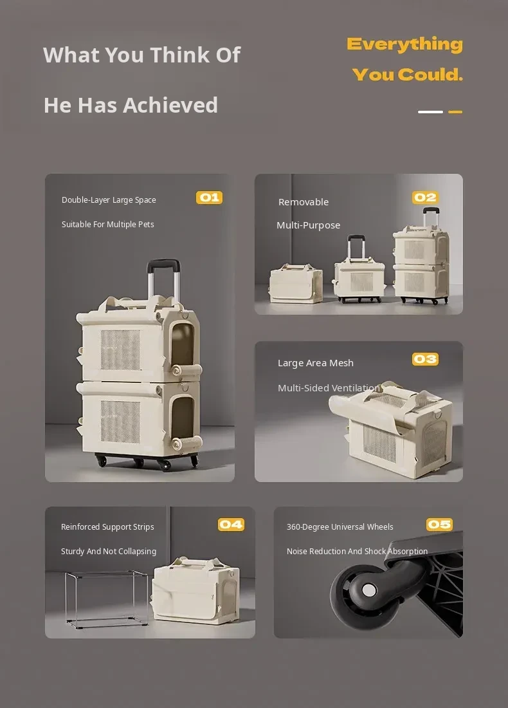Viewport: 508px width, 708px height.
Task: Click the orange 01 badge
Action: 210,198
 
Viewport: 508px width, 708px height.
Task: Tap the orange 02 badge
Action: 426,198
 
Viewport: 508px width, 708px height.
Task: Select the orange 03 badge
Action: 426,359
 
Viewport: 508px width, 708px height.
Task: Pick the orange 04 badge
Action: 231,524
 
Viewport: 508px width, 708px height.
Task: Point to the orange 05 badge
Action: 439,524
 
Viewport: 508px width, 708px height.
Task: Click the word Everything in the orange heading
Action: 404,44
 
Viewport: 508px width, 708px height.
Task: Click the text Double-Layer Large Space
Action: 109,200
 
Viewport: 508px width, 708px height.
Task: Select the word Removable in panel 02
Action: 304,202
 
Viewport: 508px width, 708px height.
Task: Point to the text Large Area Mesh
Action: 316,363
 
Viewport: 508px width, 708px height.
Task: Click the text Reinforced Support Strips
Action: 107,527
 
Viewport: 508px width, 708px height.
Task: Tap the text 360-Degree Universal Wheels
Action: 340,527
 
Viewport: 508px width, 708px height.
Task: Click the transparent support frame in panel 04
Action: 107,599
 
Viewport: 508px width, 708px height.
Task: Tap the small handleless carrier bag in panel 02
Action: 296,284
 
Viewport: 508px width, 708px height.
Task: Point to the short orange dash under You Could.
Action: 455,112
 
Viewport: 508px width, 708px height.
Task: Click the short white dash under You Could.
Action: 430,112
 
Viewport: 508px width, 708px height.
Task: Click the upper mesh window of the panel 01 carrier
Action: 120,349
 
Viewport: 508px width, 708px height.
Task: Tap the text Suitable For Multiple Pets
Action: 108,225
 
